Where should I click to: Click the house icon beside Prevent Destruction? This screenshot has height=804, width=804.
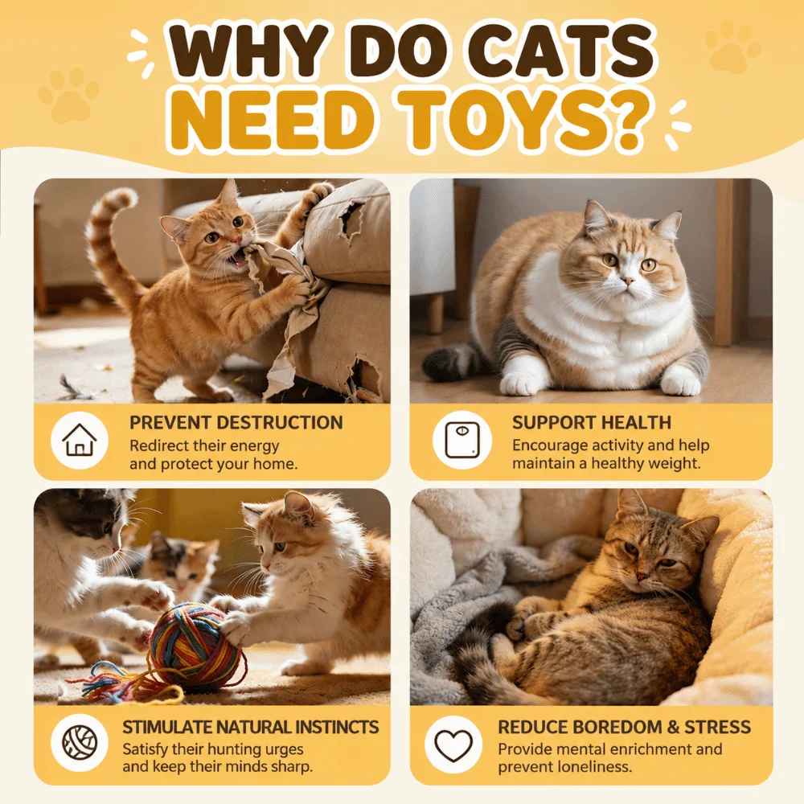[x=80, y=440]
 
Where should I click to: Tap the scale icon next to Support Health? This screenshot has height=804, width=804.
[x=462, y=440]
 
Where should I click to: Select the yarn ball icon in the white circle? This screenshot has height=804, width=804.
[x=80, y=742]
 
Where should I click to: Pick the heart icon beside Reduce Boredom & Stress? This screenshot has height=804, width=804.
[x=453, y=745]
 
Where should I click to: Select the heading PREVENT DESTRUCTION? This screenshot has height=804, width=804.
[x=236, y=423]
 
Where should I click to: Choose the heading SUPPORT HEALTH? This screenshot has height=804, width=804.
[x=591, y=423]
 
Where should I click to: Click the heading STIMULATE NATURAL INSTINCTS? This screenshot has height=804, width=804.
[x=251, y=727]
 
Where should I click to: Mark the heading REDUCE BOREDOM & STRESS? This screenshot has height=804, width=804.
[x=624, y=727]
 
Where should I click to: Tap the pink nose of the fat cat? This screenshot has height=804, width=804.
[x=626, y=281]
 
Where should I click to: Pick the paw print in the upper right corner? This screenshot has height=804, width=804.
[x=732, y=47]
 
